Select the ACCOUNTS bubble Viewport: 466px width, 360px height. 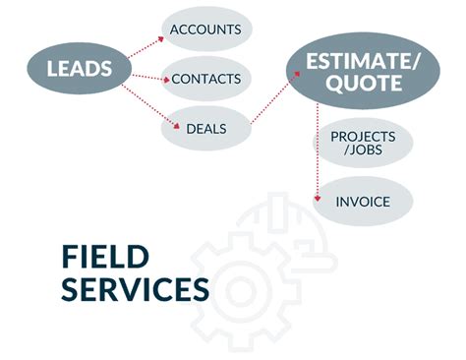click(205, 30)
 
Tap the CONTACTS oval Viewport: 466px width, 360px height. click(205, 78)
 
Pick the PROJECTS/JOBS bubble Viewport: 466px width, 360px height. click(363, 144)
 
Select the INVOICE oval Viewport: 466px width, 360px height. click(363, 202)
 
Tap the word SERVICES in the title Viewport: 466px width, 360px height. click(135, 290)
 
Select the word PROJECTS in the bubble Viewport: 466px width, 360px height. click(363, 136)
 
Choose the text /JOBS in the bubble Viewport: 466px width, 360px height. click(363, 151)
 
